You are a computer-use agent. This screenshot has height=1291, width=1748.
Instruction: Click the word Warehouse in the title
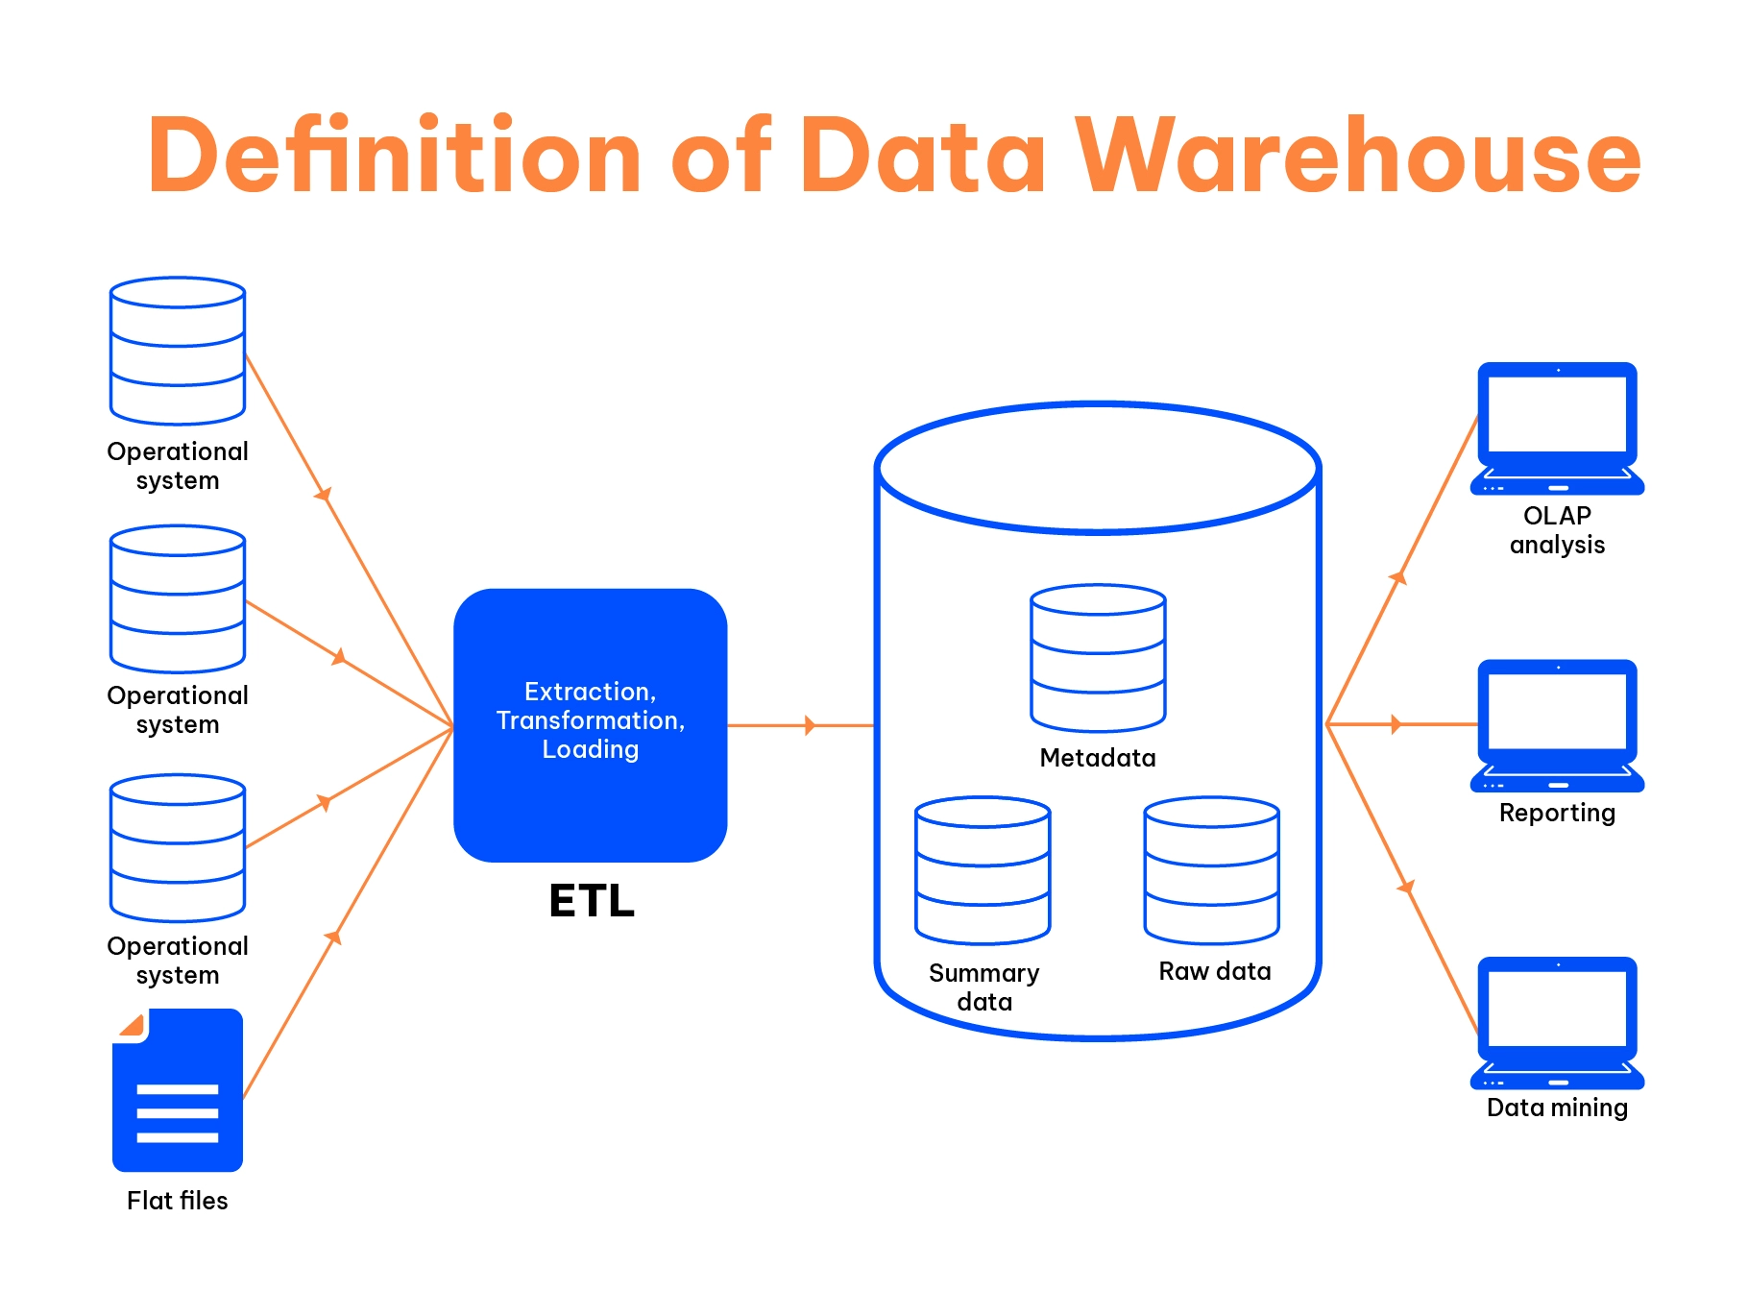pyautogui.click(x=1358, y=156)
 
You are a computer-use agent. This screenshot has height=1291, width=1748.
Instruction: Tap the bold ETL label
pyautogui.click(x=592, y=901)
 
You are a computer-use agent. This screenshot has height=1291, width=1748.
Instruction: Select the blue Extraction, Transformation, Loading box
pyautogui.click(x=590, y=724)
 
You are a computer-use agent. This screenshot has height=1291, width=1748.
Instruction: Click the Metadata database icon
pyautogui.click(x=1098, y=658)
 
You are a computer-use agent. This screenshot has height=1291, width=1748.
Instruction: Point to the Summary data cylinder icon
pyautogui.click(x=983, y=870)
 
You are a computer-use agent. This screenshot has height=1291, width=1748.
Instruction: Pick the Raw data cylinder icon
pyautogui.click(x=1211, y=870)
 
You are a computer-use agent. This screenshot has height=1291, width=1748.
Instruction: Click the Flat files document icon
pyautogui.click(x=178, y=1090)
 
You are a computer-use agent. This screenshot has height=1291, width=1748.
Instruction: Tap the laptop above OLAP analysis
pyautogui.click(x=1557, y=427)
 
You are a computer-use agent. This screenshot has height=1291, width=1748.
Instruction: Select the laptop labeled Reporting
pyautogui.click(x=1557, y=725)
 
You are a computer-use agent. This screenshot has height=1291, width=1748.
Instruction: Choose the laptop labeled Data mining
pyautogui.click(x=1557, y=1022)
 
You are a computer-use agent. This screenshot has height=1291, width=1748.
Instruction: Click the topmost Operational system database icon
pyautogui.click(x=178, y=351)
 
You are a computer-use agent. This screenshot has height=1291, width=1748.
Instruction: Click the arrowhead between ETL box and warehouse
pyautogui.click(x=810, y=725)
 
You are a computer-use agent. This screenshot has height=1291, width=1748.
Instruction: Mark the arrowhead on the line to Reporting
pyautogui.click(x=1396, y=724)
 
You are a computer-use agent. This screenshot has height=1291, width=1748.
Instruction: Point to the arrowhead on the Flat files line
pyautogui.click(x=334, y=937)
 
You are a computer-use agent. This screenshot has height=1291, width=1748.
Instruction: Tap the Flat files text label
pyautogui.click(x=178, y=1201)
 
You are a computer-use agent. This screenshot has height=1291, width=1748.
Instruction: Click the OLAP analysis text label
pyautogui.click(x=1557, y=530)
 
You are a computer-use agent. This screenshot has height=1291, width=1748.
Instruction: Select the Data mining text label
pyautogui.click(x=1557, y=1108)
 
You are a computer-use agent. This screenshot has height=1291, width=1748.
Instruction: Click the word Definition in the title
pyautogui.click(x=394, y=156)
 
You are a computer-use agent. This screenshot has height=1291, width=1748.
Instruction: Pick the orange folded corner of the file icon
pyautogui.click(x=133, y=1025)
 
